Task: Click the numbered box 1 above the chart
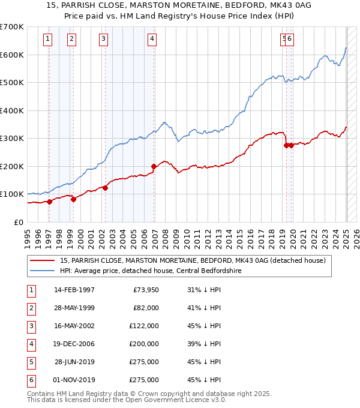tap(47, 40)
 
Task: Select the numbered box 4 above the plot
tap(152, 40)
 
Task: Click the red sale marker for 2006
tap(154, 166)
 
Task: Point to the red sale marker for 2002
tap(105, 188)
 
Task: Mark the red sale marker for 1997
tap(49, 202)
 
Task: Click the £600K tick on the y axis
tap(12, 55)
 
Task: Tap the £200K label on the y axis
tap(12, 166)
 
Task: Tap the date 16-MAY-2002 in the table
tap(74, 326)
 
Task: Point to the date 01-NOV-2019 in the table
tap(74, 380)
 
